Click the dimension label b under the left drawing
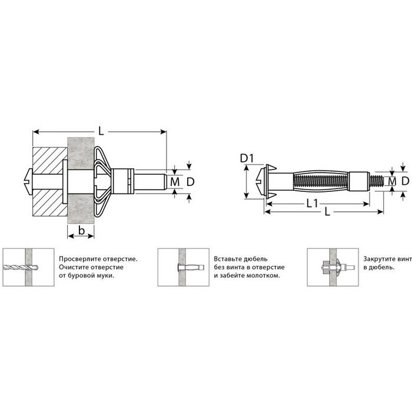click(x=81, y=231)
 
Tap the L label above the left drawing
click(x=101, y=131)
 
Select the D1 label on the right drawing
click(x=247, y=158)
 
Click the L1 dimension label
click(x=313, y=204)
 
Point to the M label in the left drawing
click(x=175, y=182)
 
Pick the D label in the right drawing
click(x=405, y=181)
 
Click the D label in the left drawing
click(x=190, y=182)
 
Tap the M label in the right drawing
click(x=392, y=181)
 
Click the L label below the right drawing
click(x=327, y=211)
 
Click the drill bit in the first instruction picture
click(x=21, y=268)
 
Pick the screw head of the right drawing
click(x=260, y=181)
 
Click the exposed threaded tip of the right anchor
click(x=377, y=181)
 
